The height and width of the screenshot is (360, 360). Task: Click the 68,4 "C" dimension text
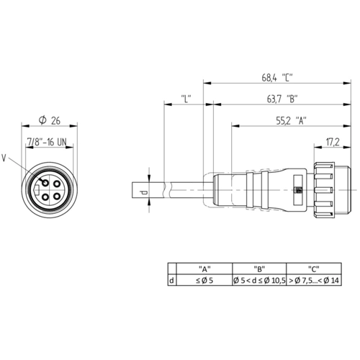(277, 78)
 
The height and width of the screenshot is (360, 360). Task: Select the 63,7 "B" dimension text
(282, 99)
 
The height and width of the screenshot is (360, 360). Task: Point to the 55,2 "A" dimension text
(292, 120)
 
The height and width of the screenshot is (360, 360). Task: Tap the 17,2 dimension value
(333, 142)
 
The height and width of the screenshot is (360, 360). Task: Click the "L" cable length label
(186, 99)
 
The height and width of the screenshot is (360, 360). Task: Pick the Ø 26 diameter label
(50, 120)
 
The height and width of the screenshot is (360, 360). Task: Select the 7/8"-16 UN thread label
(47, 142)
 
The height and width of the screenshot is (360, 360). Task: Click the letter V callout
(4, 158)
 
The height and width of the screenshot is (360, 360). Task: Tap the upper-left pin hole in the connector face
(45, 183)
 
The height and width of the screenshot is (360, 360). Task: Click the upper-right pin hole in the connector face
(57, 184)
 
